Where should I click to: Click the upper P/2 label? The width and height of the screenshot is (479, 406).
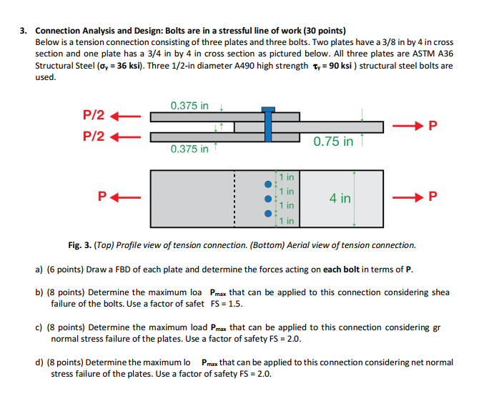point(94,115)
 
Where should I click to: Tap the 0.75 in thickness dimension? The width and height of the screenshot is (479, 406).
point(333,142)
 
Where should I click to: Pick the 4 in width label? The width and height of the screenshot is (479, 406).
point(340,197)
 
